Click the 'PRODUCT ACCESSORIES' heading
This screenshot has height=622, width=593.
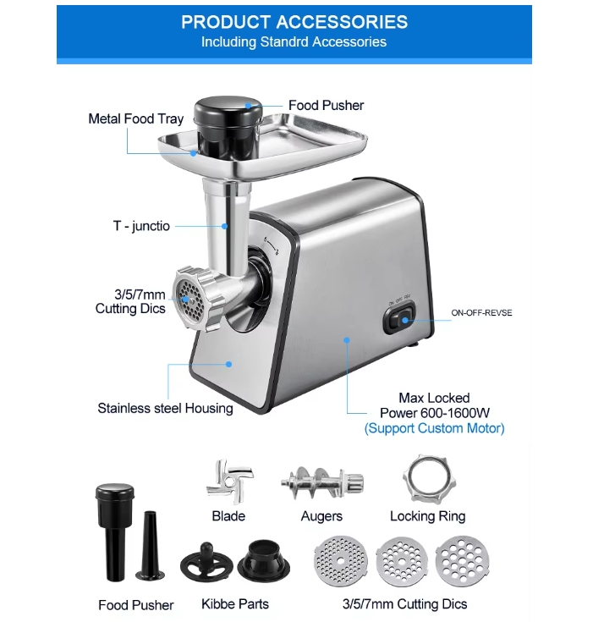click(294, 22)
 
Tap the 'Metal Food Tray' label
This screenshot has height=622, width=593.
click(135, 119)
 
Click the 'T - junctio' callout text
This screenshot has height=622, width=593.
click(141, 226)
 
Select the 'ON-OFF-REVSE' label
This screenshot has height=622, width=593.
click(481, 312)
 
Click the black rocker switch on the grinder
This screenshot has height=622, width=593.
click(399, 318)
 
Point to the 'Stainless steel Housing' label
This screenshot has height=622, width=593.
click(166, 408)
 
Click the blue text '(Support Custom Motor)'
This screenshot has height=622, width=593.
click(434, 428)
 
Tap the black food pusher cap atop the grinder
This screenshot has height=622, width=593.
click(228, 110)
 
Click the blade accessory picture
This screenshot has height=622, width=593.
click(229, 482)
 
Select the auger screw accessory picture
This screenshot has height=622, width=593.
click(322, 482)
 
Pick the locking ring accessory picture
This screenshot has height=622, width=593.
click(429, 479)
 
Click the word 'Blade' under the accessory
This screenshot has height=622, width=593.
click(228, 516)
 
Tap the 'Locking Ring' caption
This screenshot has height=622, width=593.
click(427, 516)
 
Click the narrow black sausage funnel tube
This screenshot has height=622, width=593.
click(150, 546)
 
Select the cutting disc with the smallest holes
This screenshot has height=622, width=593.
click(341, 561)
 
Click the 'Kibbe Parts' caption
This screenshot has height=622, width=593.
click(235, 604)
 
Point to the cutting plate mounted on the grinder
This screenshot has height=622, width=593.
click(189, 301)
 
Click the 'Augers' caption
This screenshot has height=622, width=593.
click(321, 516)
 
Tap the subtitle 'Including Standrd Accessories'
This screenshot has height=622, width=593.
click(294, 42)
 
